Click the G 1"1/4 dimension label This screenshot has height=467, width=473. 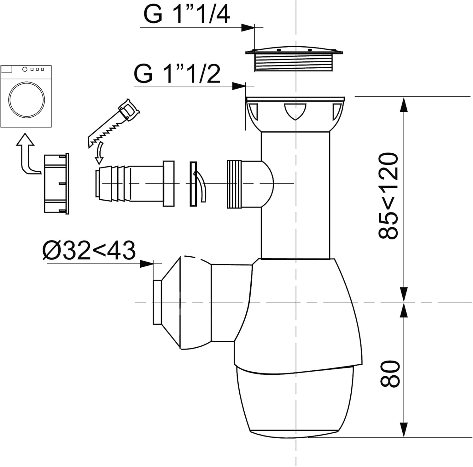187,14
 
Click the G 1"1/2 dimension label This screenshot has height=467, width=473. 177,74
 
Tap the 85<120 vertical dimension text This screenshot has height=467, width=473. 388,196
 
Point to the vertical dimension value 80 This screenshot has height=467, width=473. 390,373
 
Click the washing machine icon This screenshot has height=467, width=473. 26,96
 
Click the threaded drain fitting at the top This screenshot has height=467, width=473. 294,60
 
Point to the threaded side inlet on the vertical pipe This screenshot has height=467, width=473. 235,184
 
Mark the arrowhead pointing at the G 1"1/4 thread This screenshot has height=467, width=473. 248,28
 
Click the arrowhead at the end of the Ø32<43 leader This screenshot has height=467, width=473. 147,264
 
